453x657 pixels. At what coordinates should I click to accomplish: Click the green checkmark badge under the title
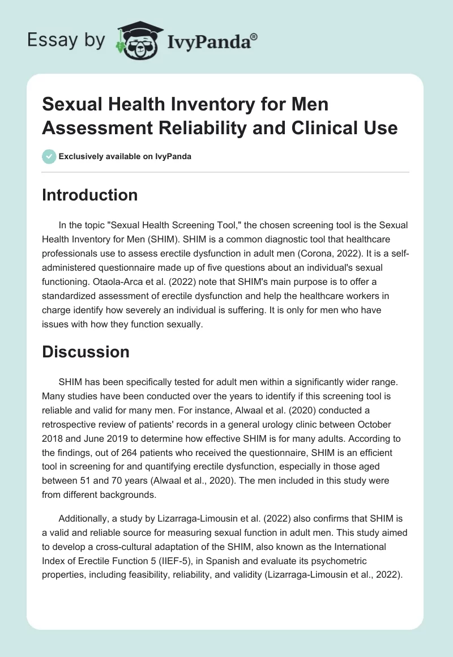[49, 156]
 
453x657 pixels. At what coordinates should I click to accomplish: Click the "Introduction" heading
[90, 195]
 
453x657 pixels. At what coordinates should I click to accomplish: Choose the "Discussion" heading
[86, 352]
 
